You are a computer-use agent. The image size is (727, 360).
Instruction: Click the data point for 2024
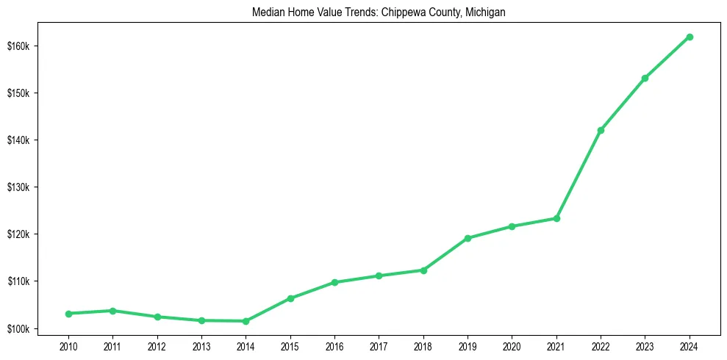690,37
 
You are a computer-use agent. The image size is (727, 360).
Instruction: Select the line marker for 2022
601,130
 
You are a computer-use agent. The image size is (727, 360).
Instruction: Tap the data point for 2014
246,321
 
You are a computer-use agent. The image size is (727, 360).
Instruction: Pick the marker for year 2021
556,218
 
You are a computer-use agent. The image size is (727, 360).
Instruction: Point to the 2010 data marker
68,314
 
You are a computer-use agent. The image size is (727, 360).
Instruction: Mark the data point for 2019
468,238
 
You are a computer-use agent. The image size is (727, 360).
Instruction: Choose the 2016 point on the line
334,282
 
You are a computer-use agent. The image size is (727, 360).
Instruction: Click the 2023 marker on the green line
645,78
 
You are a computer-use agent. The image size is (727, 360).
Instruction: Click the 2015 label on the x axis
290,346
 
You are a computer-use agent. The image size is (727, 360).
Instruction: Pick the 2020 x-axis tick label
512,346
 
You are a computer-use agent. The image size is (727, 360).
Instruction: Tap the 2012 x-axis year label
157,346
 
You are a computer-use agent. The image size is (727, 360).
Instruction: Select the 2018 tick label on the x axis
423,346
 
